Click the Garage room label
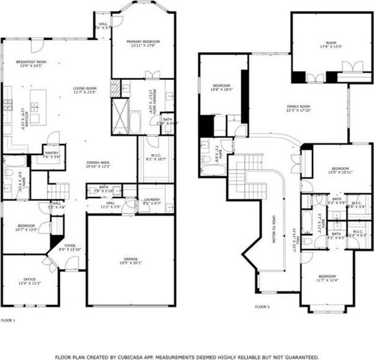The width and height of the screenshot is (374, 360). click(x=113, y=260)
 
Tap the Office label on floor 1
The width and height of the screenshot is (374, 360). click(x=29, y=281)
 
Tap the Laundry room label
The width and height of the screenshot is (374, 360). click(x=152, y=200)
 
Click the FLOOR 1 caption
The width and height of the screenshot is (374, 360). click(x=7, y=320)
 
